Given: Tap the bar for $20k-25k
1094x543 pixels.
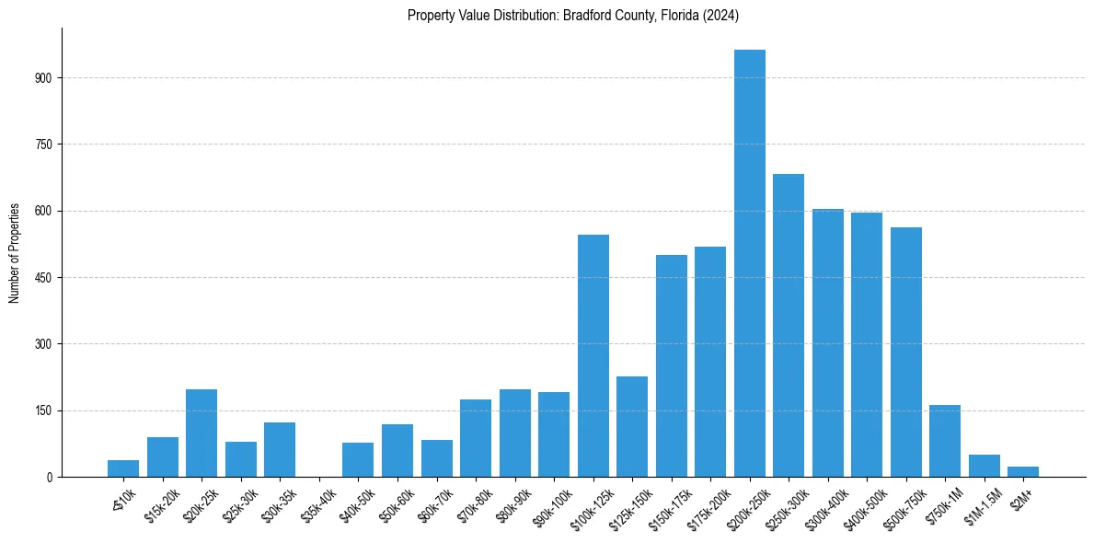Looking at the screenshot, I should (x=202, y=433).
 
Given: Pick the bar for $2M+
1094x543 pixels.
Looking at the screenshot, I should (x=1022, y=471).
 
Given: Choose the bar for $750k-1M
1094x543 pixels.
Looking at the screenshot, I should (x=944, y=441).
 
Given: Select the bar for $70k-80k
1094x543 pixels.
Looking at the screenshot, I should (x=476, y=438).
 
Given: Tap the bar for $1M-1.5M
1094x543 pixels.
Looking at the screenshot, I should (x=984, y=466).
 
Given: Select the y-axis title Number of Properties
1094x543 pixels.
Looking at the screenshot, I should (x=15, y=252).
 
